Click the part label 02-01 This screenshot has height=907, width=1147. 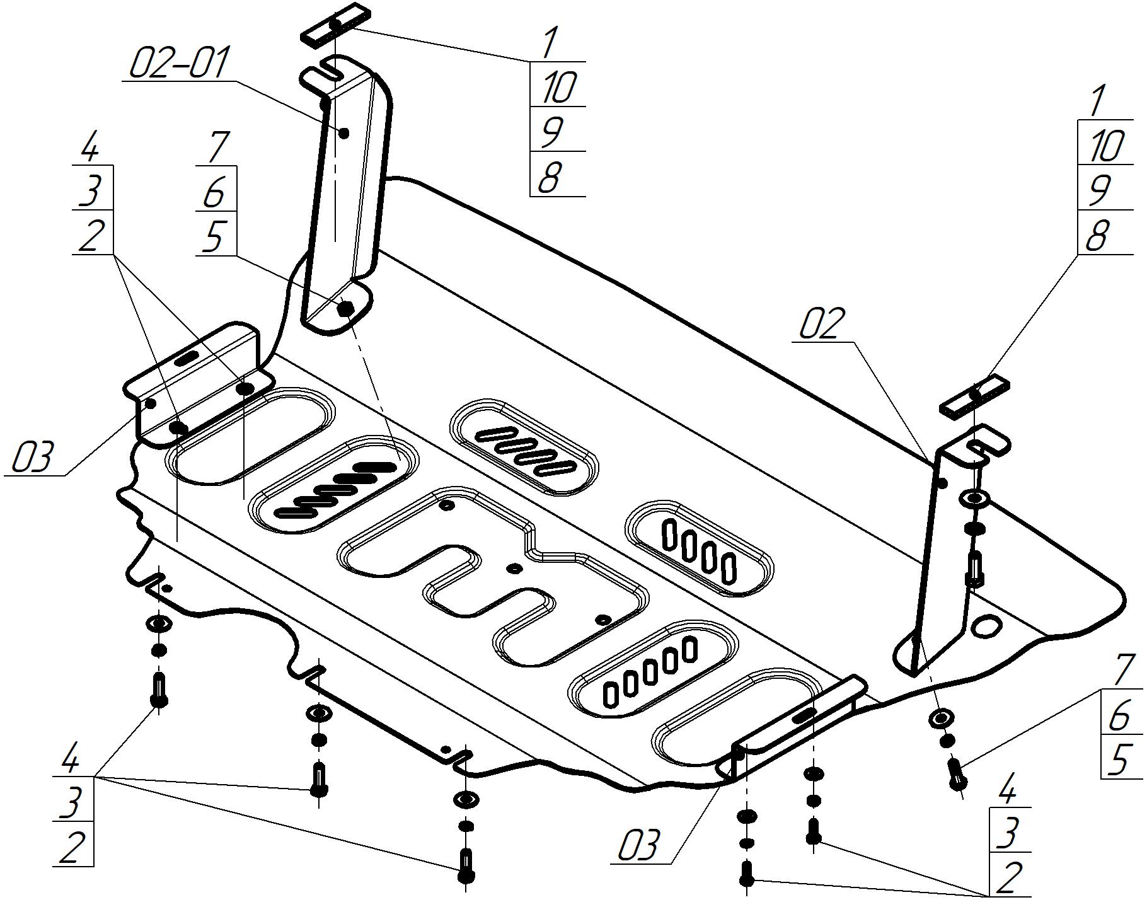pyautogui.click(x=178, y=64)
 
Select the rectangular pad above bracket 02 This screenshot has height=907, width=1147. pyautogui.click(x=974, y=395)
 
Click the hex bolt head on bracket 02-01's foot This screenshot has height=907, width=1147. pyautogui.click(x=345, y=309)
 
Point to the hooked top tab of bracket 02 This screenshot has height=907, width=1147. pyautogui.click(x=986, y=439)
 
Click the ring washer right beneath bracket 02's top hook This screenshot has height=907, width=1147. pyautogui.click(x=974, y=500)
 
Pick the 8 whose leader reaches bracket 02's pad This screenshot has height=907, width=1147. pyautogui.click(x=1097, y=237)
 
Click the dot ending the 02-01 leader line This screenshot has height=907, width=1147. pyautogui.click(x=344, y=133)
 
